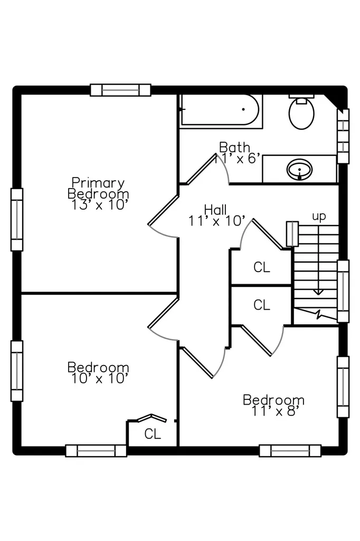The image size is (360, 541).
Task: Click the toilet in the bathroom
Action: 301,111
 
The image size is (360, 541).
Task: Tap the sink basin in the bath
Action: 299,170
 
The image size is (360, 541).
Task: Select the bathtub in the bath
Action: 220,109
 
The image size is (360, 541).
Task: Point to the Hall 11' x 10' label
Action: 216,215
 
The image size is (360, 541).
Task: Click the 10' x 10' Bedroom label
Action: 98,372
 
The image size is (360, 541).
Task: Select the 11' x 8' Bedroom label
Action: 274,405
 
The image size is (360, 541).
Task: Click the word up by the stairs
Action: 319,217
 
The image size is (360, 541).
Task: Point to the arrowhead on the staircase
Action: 318,292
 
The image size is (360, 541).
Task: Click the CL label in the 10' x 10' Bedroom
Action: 153,434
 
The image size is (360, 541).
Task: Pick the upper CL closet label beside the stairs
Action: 262,267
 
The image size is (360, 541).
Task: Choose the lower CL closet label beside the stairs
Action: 262,305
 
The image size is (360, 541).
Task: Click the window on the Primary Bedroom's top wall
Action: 121,90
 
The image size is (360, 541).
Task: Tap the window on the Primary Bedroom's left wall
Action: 17,219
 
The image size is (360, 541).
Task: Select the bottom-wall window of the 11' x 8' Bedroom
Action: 290,451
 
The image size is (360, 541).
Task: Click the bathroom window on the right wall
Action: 343,136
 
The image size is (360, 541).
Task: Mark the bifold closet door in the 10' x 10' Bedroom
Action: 152,418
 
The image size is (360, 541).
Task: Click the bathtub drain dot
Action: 243,109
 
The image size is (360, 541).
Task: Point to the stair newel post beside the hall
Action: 292,234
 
